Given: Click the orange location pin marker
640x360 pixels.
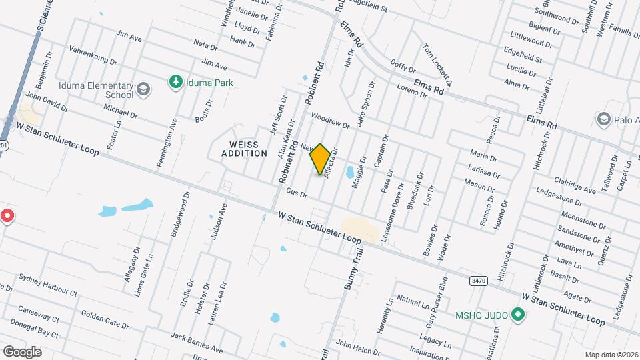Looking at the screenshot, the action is point(321,159).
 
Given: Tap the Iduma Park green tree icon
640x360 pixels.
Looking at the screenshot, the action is point(175,82).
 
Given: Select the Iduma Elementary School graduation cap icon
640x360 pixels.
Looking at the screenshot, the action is point(143,89).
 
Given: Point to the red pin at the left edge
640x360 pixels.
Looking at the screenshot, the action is point(7,216).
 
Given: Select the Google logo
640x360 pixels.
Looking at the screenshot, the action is point(21,351).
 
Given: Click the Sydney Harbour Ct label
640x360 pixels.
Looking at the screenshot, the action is point(48,285).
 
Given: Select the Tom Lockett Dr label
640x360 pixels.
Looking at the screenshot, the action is point(437,65).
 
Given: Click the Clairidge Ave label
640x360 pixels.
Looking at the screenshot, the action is point(575,186).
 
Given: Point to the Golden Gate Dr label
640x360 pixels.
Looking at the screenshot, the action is point(105,319).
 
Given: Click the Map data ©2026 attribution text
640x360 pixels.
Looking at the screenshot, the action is point(611,355).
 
